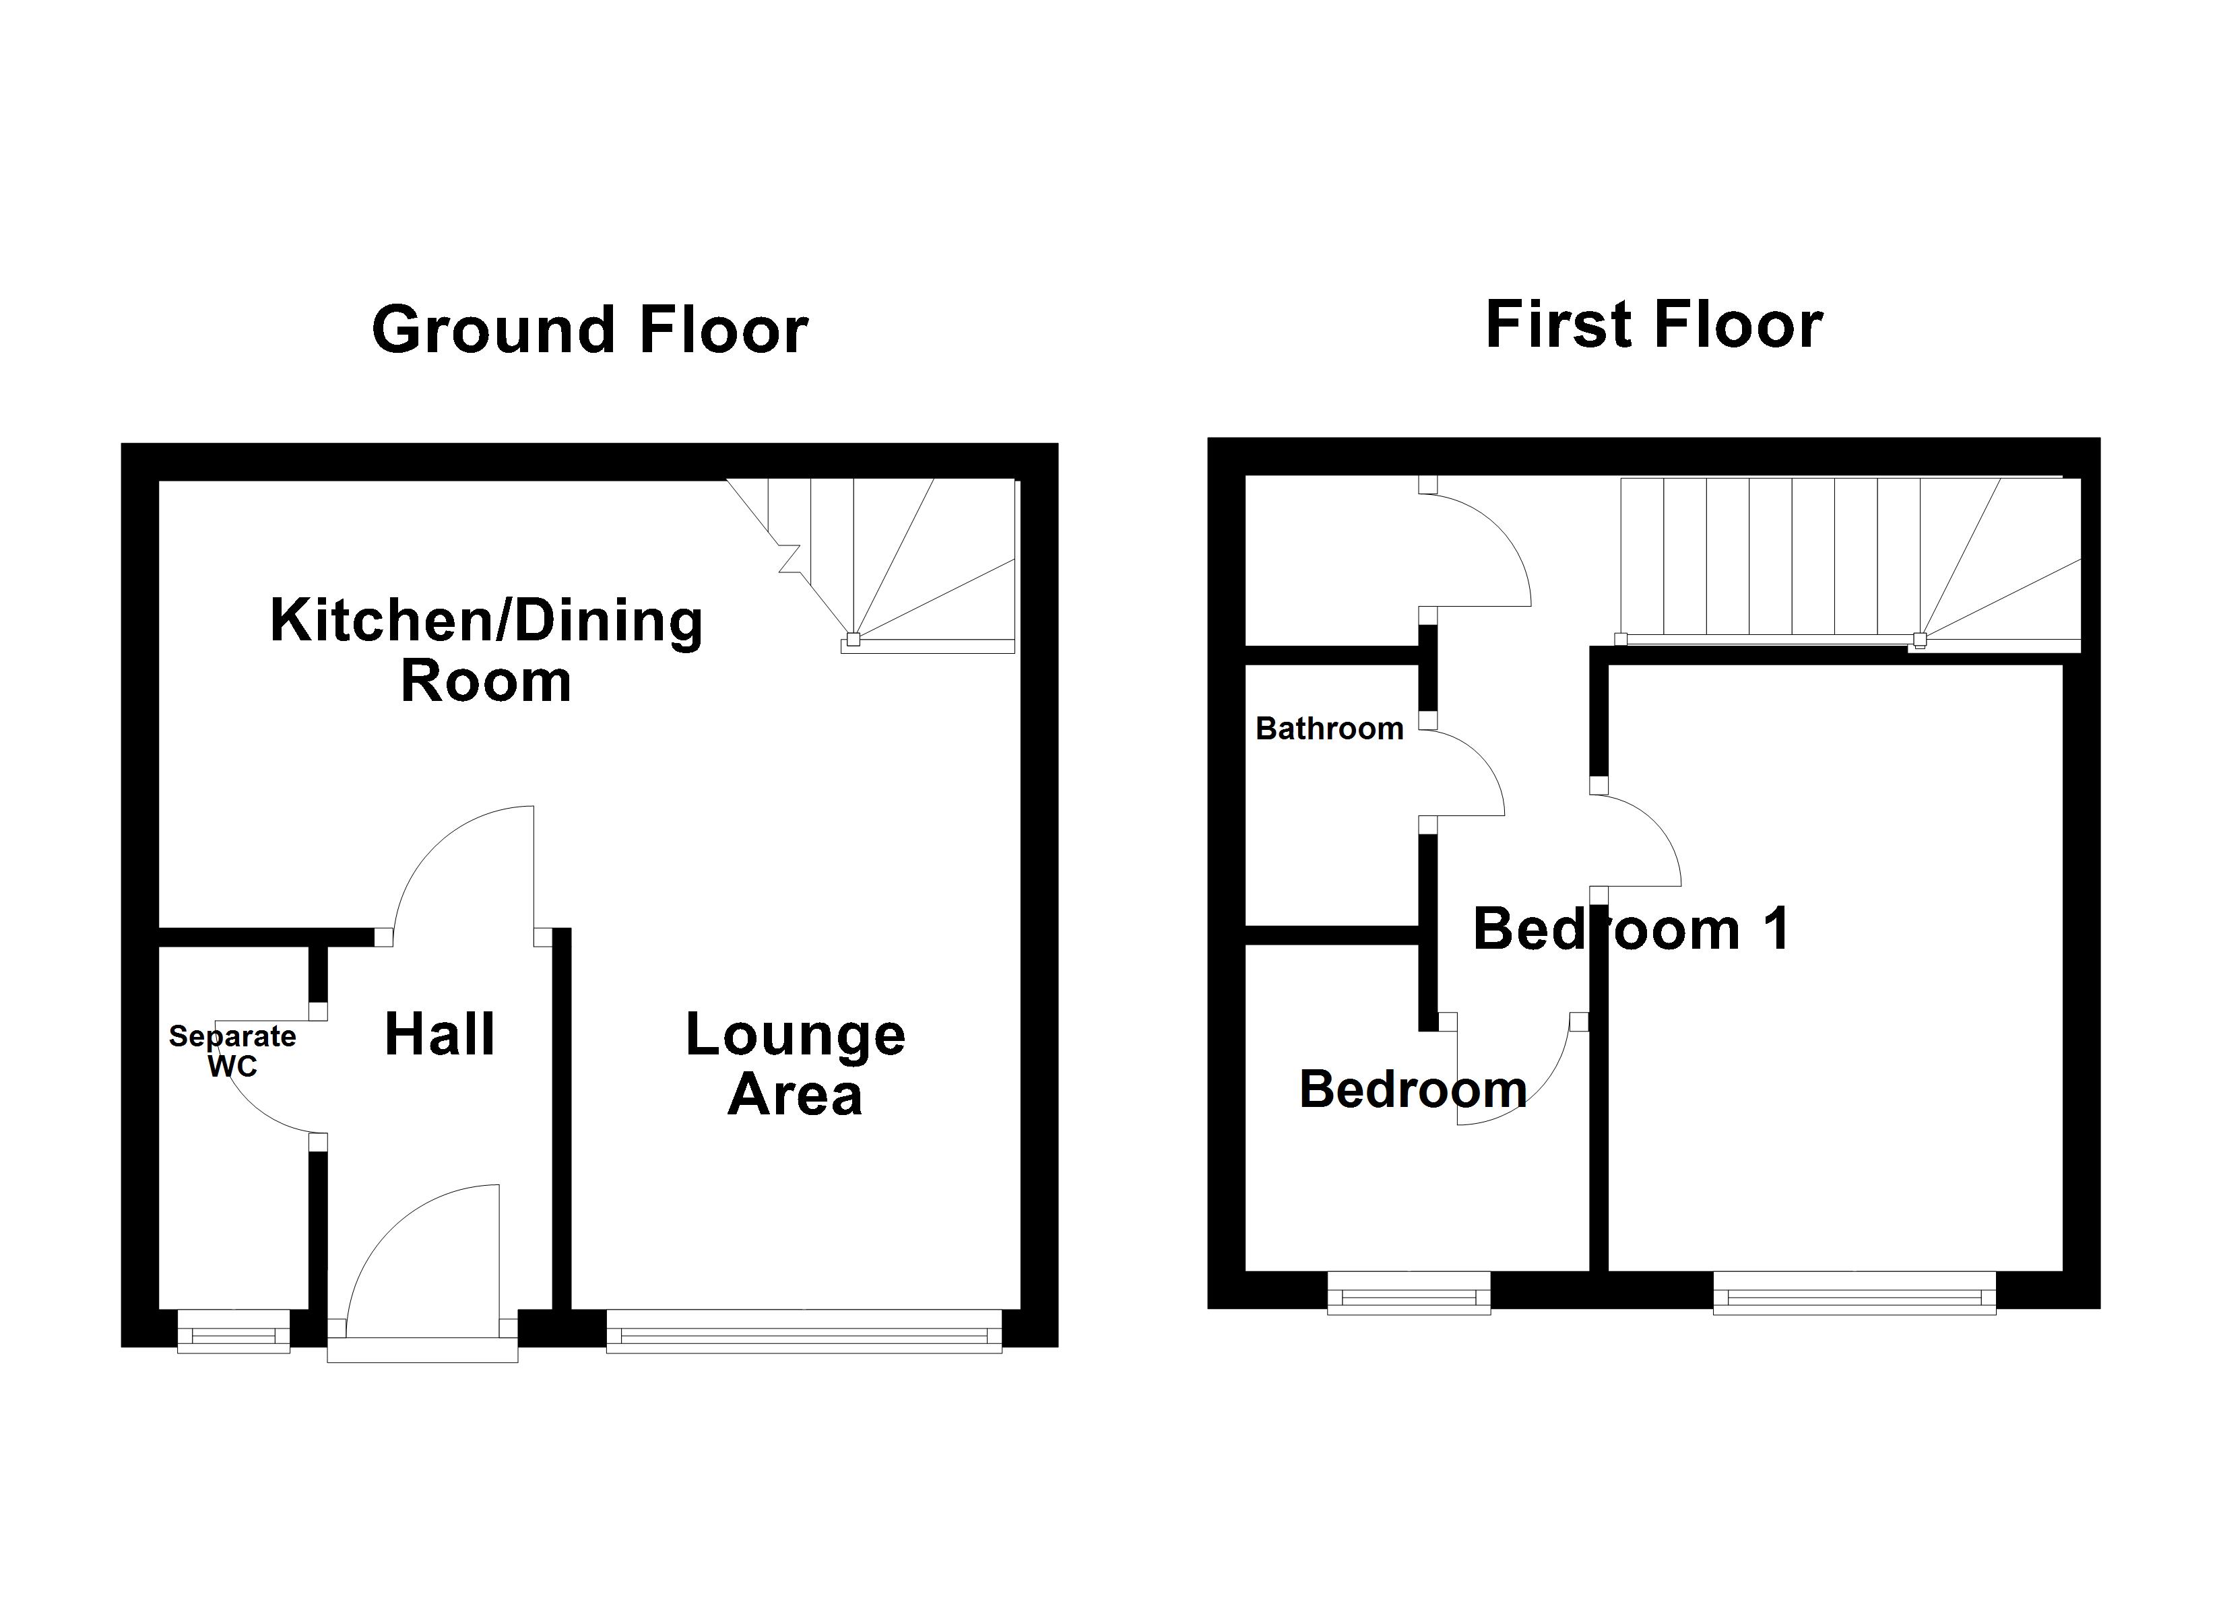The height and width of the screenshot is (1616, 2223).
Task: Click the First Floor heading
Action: click(1654, 325)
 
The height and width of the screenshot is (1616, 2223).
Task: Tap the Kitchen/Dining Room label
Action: click(486, 650)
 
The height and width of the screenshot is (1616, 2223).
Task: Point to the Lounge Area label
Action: click(795, 1065)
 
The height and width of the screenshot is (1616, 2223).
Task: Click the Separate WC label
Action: click(232, 1050)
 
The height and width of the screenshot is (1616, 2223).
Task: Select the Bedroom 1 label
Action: click(1631, 929)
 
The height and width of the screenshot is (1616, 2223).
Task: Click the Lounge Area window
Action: click(804, 1332)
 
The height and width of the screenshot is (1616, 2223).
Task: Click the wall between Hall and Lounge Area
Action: click(562, 1117)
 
